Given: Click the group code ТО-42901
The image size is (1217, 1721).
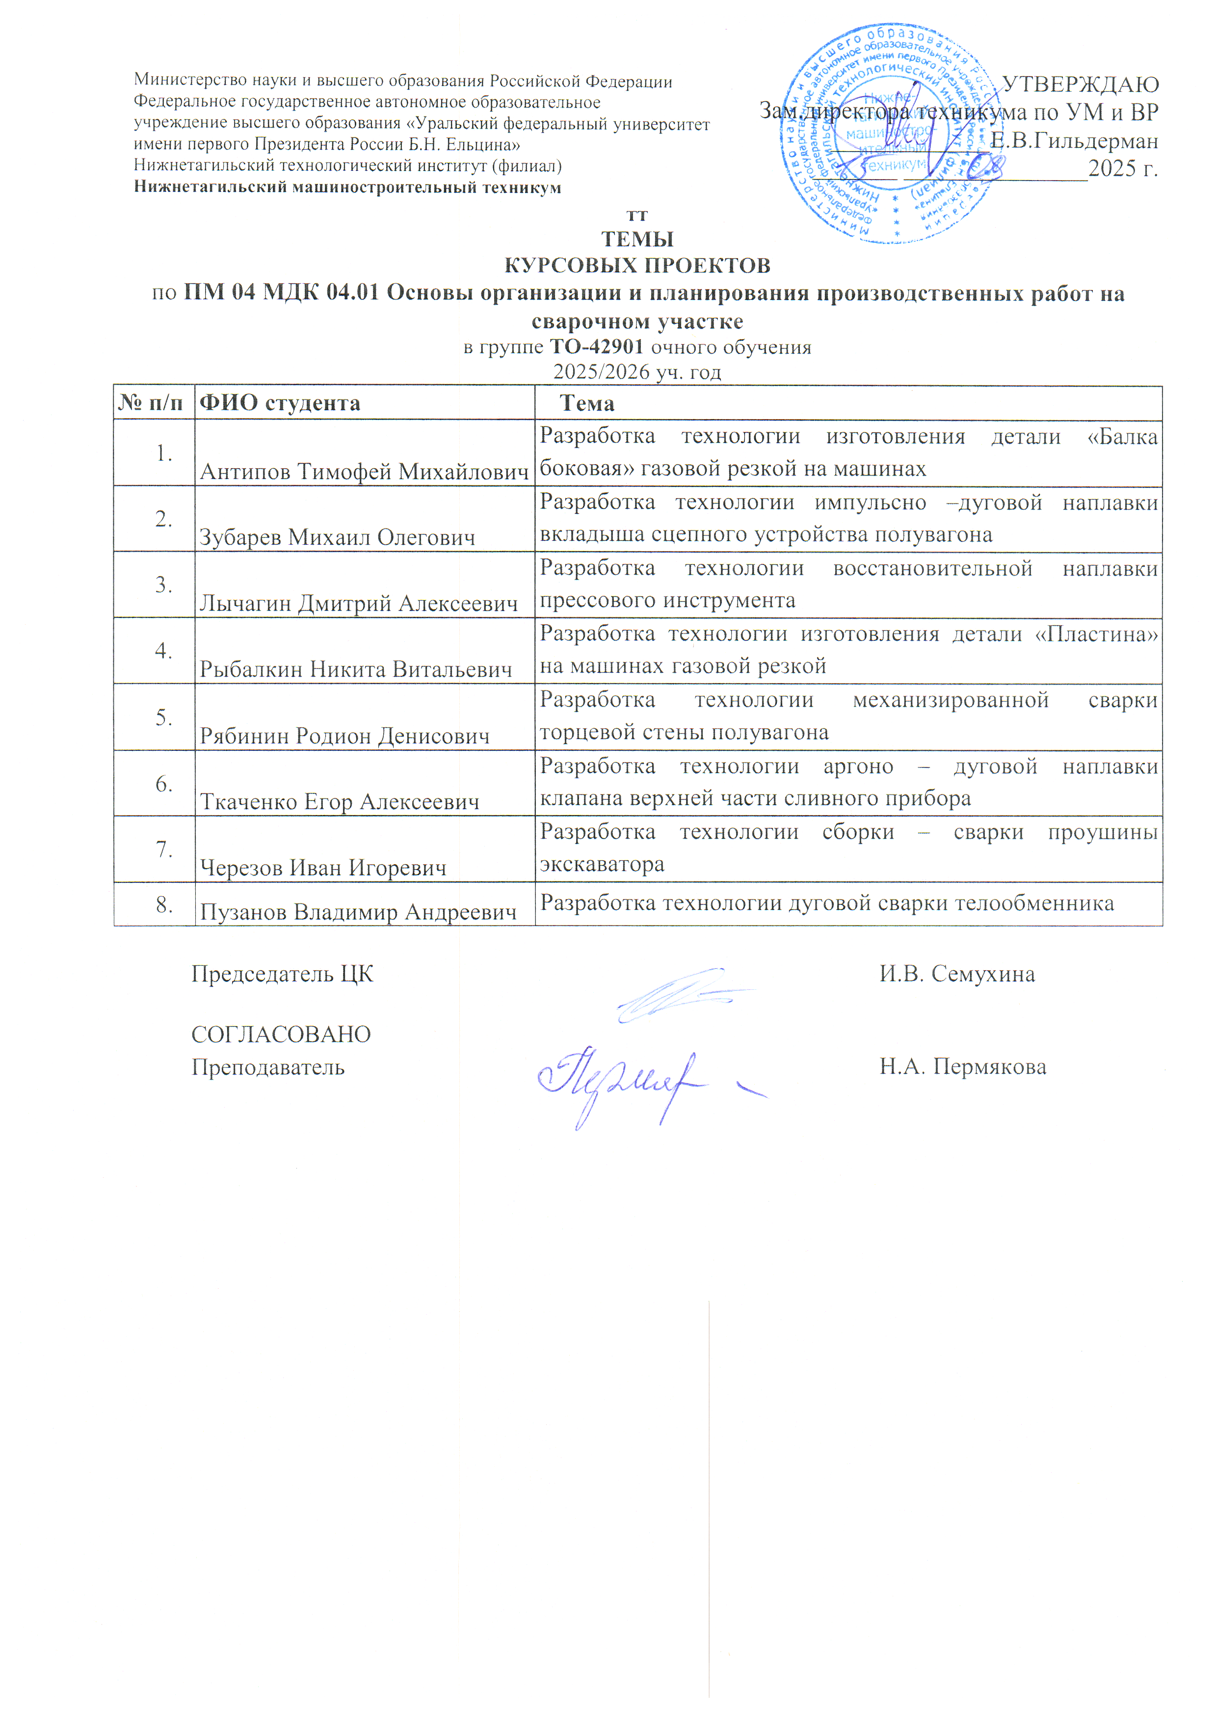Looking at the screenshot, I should (597, 347).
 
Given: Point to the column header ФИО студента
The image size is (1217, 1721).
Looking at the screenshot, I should (280, 403).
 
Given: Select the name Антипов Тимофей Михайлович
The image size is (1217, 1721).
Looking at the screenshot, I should (364, 472).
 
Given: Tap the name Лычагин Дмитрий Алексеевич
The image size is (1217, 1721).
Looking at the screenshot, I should (359, 604).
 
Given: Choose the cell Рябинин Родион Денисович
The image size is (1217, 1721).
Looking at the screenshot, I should (344, 736).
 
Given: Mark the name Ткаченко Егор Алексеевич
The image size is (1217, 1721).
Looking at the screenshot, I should (340, 802).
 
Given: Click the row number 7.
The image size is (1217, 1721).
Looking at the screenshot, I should (164, 849).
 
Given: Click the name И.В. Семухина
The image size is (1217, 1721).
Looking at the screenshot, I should (957, 975).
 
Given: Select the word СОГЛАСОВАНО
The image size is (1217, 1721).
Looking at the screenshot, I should (281, 1034).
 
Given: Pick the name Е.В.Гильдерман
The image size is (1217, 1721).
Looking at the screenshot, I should (1074, 141).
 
